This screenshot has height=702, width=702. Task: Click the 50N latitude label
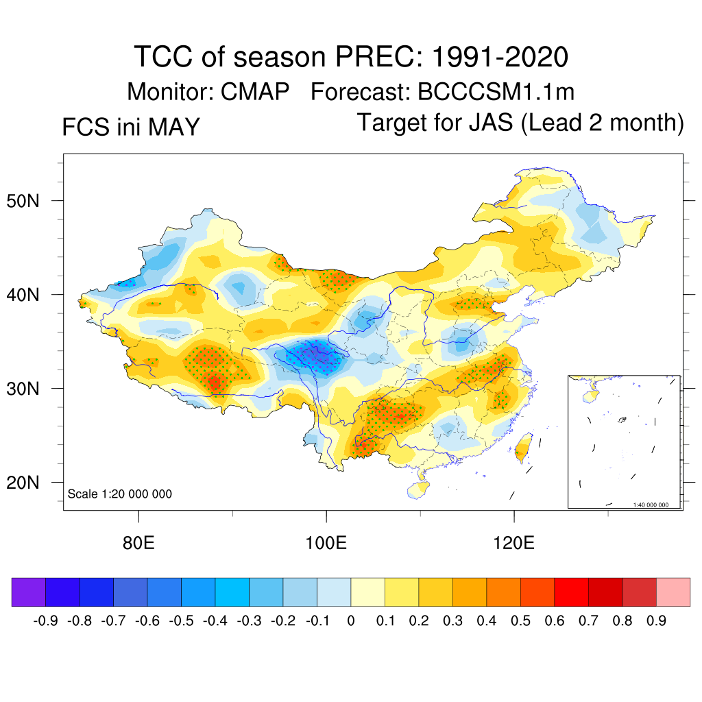click(23, 201)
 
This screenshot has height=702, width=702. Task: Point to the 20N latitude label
click(23, 483)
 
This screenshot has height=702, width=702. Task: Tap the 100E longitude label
click(326, 543)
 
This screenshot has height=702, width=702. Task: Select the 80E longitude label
click(138, 543)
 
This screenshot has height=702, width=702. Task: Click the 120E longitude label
click(513, 543)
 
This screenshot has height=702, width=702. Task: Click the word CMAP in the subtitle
click(255, 92)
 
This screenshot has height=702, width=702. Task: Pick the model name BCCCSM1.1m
click(496, 92)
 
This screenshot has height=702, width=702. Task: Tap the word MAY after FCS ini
click(174, 127)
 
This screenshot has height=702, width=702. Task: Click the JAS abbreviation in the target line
click(491, 122)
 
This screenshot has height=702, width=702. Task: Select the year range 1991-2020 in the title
click(500, 57)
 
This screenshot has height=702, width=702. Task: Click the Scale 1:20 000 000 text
click(119, 494)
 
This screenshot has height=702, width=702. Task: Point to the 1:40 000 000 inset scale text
click(651, 505)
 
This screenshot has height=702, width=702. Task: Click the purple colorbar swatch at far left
click(29, 592)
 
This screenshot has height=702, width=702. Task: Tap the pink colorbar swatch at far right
click(673, 592)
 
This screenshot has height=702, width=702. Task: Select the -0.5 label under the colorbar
click(181, 621)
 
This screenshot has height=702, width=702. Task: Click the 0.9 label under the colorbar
click(656, 621)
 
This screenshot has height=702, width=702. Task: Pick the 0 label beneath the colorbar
click(351, 621)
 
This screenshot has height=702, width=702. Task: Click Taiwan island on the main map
click(523, 447)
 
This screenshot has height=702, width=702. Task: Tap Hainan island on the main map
click(418, 489)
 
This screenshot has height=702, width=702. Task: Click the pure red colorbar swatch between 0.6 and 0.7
click(571, 592)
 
